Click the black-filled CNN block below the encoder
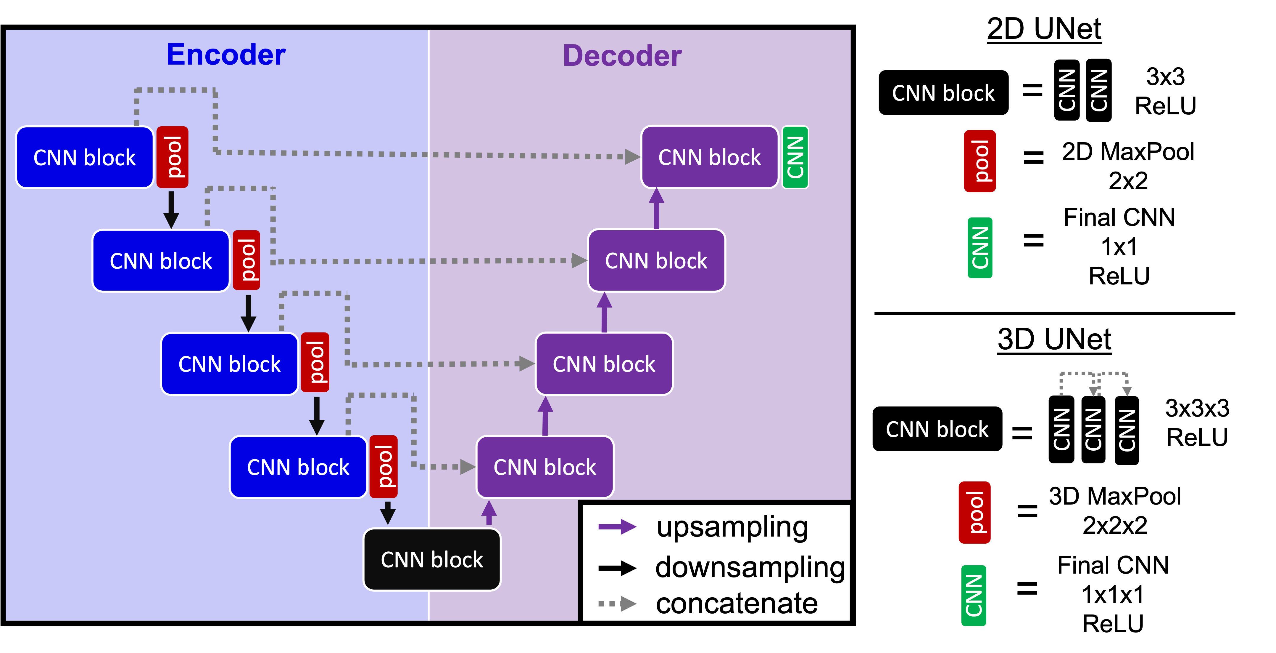(432, 560)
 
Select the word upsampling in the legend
(732, 527)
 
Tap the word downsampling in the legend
(750, 568)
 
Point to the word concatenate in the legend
(737, 604)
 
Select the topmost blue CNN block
(85, 158)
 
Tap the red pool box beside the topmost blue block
(173, 157)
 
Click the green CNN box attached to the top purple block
(795, 157)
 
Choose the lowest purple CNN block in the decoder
(545, 467)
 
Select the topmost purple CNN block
(709, 157)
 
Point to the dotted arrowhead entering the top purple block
(632, 157)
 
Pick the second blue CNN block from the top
(161, 261)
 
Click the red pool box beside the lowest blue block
(384, 467)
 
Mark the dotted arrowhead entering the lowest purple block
(467, 467)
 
